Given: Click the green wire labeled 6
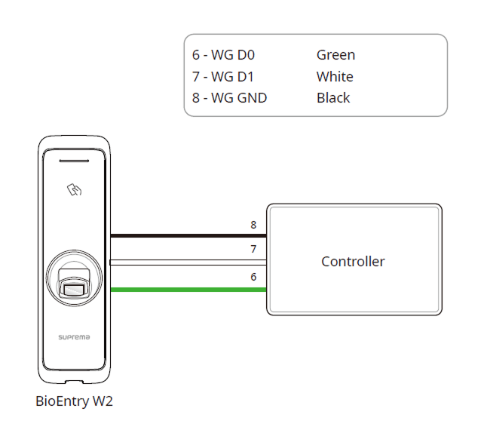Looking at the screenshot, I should pyautogui.click(x=188, y=289).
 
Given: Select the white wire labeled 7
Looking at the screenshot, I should pyautogui.click(x=188, y=263).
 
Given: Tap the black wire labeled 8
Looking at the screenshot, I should pyautogui.click(x=188, y=236).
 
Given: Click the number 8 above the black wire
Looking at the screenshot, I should pyautogui.click(x=253, y=225).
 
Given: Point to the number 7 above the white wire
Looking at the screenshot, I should pyautogui.click(x=253, y=249).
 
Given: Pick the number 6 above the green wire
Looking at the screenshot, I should pyautogui.click(x=253, y=277).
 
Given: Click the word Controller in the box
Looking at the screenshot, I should pyautogui.click(x=353, y=262).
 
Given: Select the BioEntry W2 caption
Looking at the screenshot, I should pyautogui.click(x=74, y=401).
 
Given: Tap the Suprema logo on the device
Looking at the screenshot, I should pyautogui.click(x=74, y=337).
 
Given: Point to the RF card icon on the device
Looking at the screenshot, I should pyautogui.click(x=74, y=190).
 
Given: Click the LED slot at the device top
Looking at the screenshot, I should pyautogui.click(x=74, y=161).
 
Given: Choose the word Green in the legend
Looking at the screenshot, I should pyautogui.click(x=335, y=55).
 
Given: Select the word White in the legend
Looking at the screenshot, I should pyautogui.click(x=335, y=76).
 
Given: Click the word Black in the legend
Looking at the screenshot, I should pyautogui.click(x=333, y=97).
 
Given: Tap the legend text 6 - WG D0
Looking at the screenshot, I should pyautogui.click(x=225, y=55).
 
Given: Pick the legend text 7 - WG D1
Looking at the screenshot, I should pyautogui.click(x=224, y=76).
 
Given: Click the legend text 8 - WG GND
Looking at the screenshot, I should pyautogui.click(x=229, y=97).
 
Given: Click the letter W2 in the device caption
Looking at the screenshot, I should pyautogui.click(x=103, y=401).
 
